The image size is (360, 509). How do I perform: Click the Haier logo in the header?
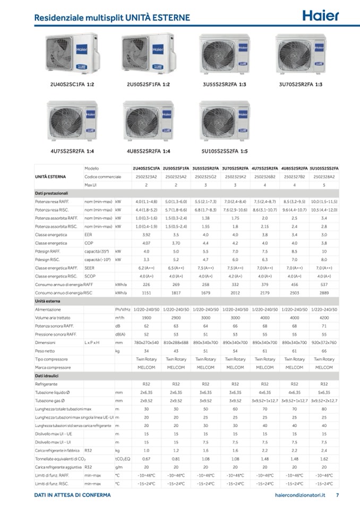[320, 15]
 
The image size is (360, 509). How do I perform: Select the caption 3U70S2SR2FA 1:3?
[301, 84]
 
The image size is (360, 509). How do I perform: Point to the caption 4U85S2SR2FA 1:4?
[148, 151]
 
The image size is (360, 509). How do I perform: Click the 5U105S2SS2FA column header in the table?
[324, 168]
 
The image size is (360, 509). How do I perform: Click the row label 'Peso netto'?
[46, 351]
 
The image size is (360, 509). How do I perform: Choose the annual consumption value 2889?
[324, 292]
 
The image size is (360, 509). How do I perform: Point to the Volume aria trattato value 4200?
[324, 317]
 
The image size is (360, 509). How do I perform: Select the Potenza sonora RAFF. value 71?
[324, 326]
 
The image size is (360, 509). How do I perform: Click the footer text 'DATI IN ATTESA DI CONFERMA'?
[72, 495]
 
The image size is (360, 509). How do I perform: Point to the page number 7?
[338, 495]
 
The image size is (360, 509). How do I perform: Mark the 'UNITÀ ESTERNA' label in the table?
[50, 176]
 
